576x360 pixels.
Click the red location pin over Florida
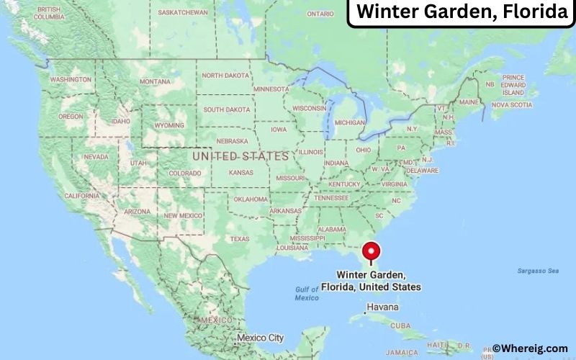372,251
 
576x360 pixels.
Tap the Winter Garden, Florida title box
462,12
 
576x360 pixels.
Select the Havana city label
382,307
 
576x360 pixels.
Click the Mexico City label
261,337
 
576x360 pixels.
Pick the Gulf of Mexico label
307,294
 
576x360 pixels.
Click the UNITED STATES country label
240,156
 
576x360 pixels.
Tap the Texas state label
239,238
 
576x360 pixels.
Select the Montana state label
156,82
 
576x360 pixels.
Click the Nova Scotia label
511,105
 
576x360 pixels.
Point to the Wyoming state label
169,124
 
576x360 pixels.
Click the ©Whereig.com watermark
529,348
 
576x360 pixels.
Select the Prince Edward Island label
513,85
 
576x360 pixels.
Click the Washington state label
70,78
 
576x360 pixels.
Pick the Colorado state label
184,174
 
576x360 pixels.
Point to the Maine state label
469,102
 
